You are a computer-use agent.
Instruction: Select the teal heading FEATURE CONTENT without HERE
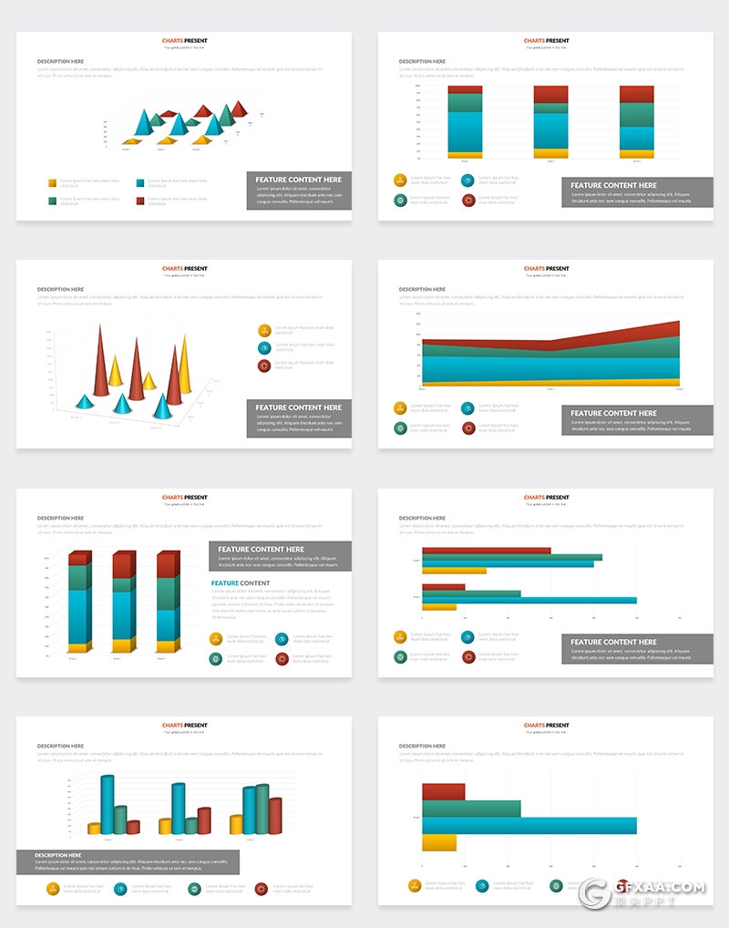241,583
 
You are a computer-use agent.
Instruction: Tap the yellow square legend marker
53,182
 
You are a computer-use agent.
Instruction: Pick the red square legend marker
141,201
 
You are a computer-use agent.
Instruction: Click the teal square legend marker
141,182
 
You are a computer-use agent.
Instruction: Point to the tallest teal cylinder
108,804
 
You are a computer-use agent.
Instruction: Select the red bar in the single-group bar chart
443,791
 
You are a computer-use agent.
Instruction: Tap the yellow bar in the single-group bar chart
438,843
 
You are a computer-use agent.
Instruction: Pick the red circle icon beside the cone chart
264,365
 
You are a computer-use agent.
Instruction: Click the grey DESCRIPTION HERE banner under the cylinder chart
128,861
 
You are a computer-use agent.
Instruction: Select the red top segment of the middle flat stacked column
550,95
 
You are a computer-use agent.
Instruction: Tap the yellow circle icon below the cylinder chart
53,888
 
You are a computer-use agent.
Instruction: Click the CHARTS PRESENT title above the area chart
547,269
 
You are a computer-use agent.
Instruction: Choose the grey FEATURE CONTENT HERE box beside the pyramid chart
299,190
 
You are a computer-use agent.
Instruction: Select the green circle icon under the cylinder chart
194,888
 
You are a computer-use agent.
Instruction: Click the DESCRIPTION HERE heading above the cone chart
60,290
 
